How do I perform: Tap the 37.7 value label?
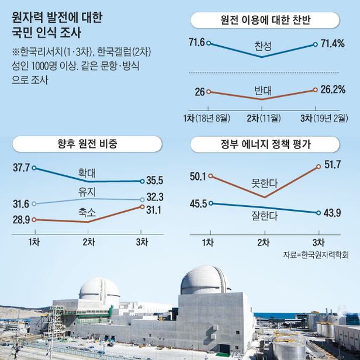coord(20,167)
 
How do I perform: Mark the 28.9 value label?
coord(20,220)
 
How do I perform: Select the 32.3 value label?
coord(155,198)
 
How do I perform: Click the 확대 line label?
coord(87,172)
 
